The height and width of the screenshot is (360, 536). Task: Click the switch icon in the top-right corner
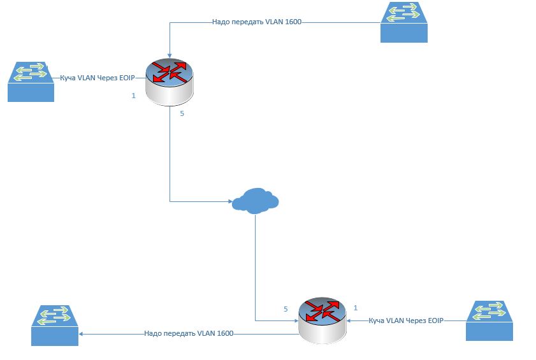[x=403, y=22]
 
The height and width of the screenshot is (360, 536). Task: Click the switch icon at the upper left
[x=31, y=81]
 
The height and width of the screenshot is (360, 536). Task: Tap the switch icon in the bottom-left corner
[x=55, y=325]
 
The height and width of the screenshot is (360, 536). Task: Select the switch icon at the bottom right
[x=488, y=320]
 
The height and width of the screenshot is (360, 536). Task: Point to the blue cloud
[x=255, y=199]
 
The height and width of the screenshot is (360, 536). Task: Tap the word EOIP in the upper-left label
[x=126, y=78]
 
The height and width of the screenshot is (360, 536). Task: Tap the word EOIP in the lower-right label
[x=433, y=320]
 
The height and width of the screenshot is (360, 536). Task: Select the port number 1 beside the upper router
[x=133, y=96]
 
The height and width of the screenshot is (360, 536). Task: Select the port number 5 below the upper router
[x=182, y=113]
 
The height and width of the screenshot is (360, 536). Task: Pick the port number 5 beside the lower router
[x=286, y=309]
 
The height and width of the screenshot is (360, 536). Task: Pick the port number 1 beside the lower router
[x=356, y=307]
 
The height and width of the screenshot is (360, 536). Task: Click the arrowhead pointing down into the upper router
[x=169, y=54]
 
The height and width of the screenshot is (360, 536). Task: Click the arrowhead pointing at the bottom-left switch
[x=82, y=333]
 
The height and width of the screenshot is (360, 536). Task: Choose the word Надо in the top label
[x=221, y=22]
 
